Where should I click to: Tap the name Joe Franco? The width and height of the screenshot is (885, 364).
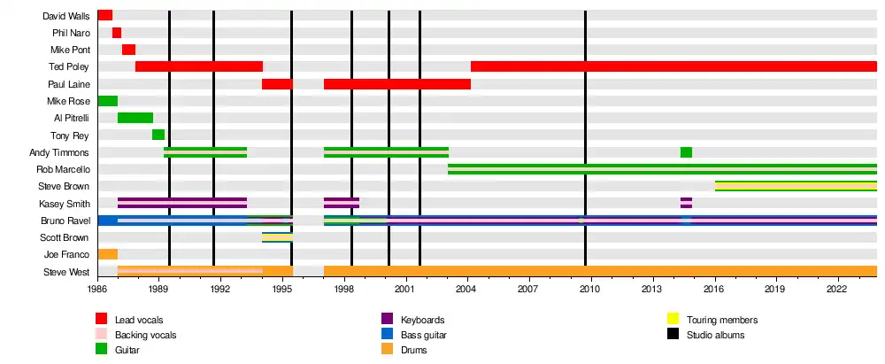coord(71,254)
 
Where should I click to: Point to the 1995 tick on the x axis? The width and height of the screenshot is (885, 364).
coord(282,289)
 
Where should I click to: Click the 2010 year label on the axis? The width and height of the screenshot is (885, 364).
coord(590,289)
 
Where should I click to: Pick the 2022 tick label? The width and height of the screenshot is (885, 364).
coord(837,289)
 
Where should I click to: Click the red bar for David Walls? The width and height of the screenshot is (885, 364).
coord(104,15)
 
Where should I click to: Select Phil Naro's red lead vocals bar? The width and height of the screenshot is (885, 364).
coord(117,33)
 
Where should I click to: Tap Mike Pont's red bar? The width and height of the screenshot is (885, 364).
coord(128,50)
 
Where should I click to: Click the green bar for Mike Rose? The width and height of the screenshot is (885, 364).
coord(107,101)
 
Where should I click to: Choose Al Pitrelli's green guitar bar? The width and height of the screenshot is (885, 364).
coord(135,118)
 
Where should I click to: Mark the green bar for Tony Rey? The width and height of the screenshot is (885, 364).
coord(158,135)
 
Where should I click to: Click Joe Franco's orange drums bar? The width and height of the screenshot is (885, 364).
coord(107,254)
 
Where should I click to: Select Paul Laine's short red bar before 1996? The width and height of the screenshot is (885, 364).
coord(277,84)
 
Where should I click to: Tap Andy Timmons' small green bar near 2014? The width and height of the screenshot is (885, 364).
coord(686,152)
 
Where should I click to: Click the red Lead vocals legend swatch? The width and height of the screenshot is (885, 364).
coord(102,320)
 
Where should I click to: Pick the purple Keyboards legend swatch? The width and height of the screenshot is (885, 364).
coord(387,320)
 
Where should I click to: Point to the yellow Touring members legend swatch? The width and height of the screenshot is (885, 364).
coord(673,320)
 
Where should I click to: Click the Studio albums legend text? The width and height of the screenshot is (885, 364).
coord(715,335)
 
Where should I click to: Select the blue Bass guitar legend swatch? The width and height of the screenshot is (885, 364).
coord(387,335)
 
